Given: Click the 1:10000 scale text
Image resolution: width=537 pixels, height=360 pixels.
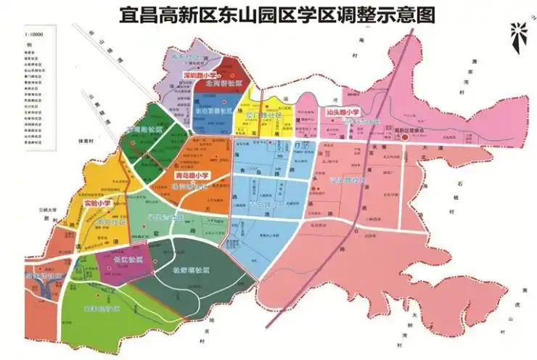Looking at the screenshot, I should (x=33, y=33).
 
